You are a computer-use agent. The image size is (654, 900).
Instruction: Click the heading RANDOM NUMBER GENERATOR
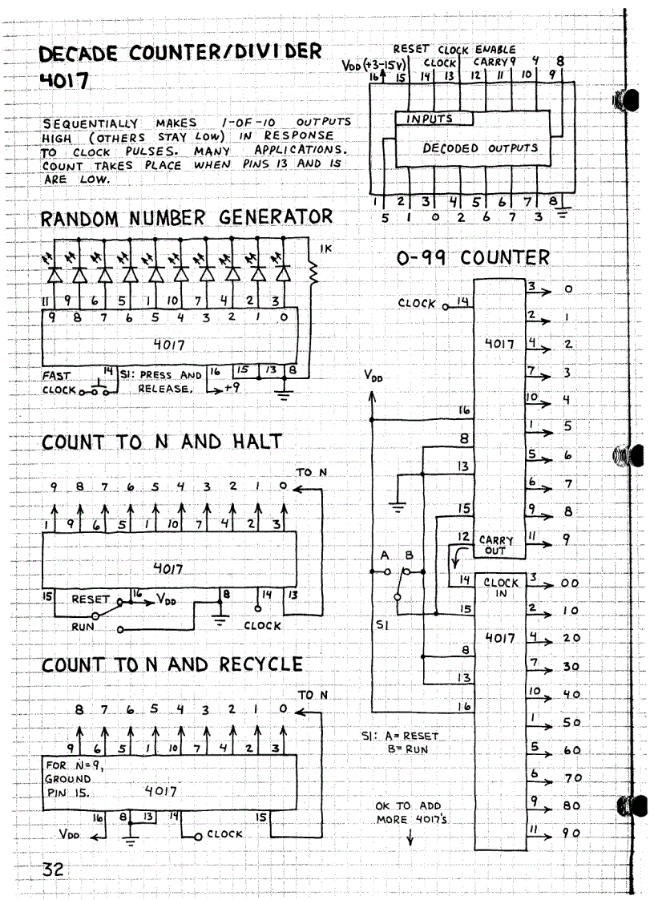(x=187, y=217)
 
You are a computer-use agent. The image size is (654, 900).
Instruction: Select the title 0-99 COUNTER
(x=473, y=258)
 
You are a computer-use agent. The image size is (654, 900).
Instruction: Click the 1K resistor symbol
(x=313, y=274)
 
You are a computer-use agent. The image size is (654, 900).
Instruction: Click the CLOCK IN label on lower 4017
(x=500, y=588)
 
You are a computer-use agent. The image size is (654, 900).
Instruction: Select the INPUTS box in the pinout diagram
(x=433, y=119)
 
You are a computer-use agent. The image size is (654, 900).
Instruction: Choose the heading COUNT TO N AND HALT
(x=162, y=442)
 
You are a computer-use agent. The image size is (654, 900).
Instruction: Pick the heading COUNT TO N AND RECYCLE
(x=172, y=665)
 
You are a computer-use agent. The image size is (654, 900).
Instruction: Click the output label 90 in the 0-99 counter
(x=570, y=834)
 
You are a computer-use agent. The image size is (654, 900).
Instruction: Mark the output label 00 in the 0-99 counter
(x=570, y=584)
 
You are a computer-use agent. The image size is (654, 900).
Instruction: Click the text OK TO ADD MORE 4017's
(x=409, y=813)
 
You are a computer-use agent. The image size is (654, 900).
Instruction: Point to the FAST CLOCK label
(x=59, y=382)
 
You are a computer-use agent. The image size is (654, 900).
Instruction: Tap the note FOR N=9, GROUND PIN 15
(x=70, y=779)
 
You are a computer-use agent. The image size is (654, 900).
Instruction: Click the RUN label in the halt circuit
(x=83, y=628)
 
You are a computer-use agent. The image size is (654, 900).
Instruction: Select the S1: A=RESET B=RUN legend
(x=401, y=741)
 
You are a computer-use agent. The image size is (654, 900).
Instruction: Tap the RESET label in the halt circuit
(x=91, y=599)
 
